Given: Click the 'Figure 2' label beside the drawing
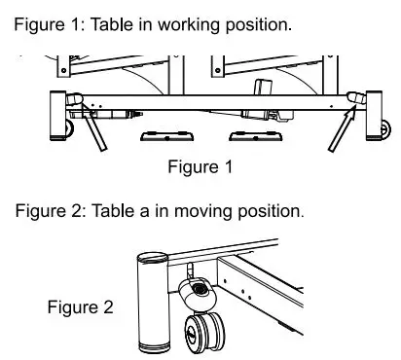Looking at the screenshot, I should pos(80,308).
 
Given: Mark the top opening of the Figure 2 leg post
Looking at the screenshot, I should pos(153,259).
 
